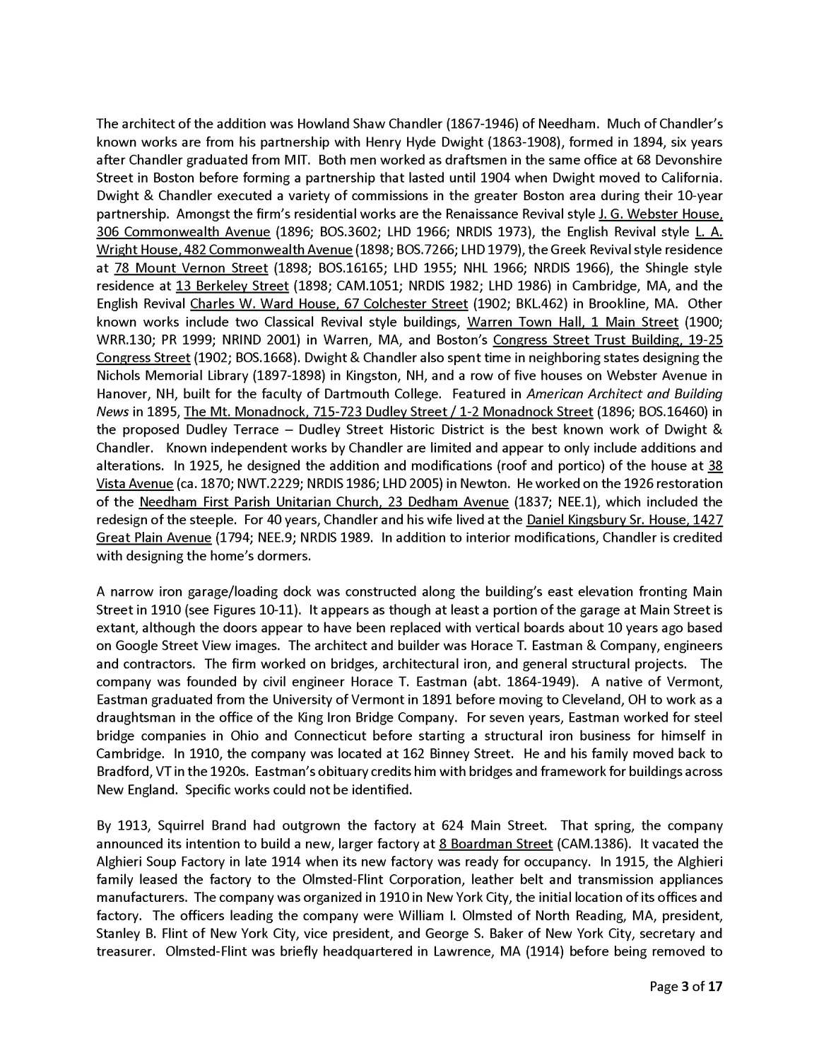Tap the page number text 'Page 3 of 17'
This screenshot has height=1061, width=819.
pos(685,986)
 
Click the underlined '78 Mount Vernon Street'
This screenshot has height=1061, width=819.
pos(191,268)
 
